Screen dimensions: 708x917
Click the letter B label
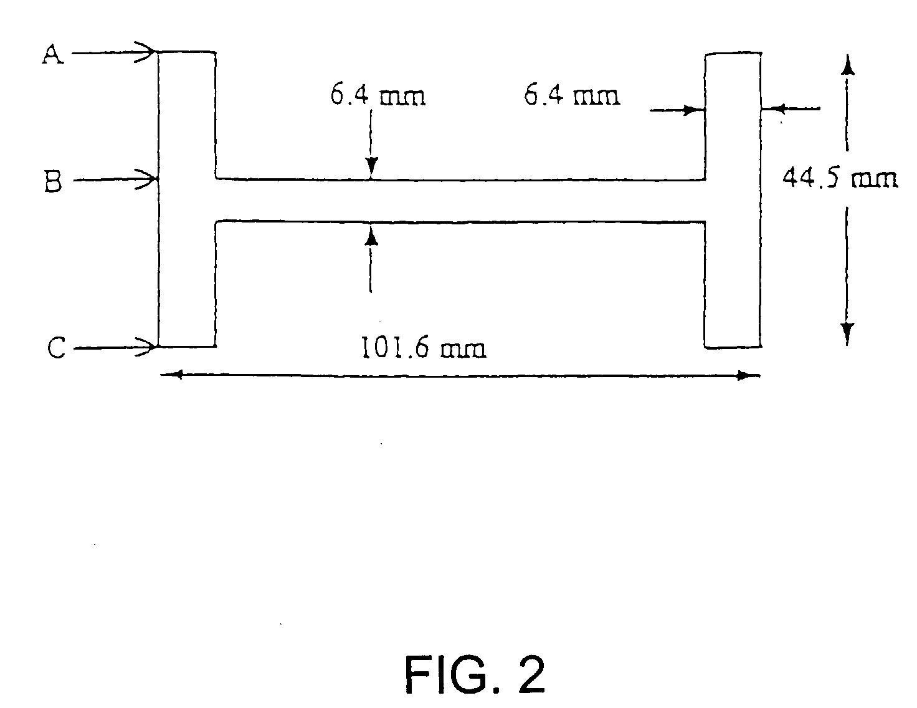coord(53,182)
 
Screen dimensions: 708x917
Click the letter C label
coord(56,348)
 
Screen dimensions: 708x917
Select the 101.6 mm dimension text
coord(423,348)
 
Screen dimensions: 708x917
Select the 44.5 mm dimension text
coord(839,178)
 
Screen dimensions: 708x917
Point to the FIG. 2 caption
coord(475,675)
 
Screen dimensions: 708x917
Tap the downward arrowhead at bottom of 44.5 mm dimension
coord(847,333)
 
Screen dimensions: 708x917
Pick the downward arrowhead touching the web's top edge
coord(371,168)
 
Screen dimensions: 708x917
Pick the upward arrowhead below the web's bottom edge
coord(371,234)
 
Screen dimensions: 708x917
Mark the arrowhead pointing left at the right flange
coord(772,109)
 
